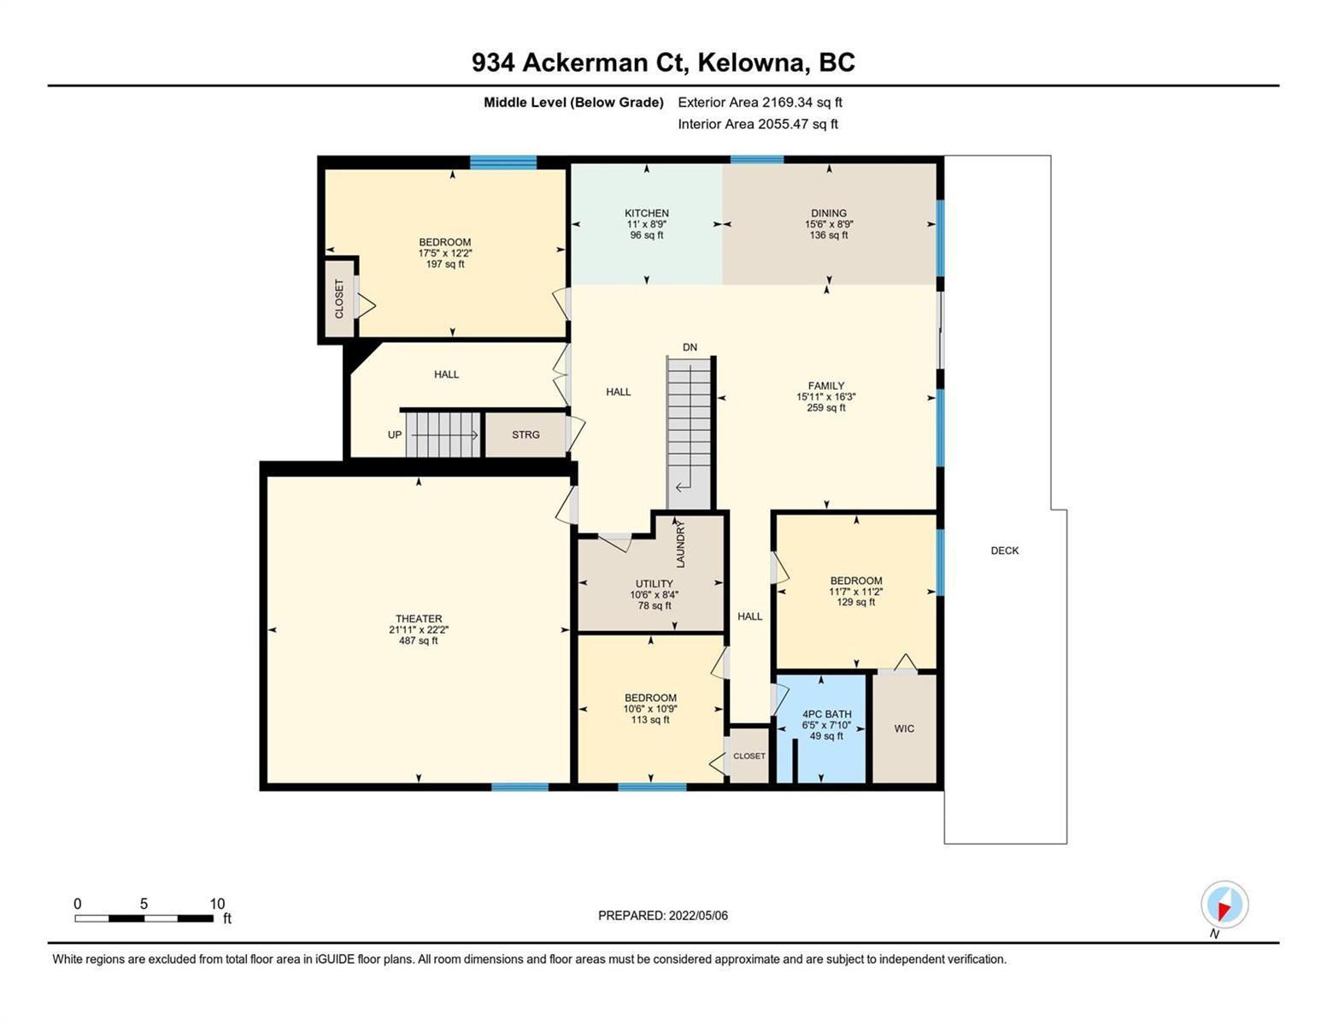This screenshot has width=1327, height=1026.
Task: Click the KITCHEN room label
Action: tap(646, 213)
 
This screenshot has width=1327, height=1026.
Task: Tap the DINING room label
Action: tap(829, 213)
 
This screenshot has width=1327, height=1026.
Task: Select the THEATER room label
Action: tap(419, 618)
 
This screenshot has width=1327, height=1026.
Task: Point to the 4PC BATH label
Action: tap(826, 714)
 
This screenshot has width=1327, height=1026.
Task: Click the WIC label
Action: tap(904, 728)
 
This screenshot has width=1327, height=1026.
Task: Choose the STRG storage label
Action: tap(526, 434)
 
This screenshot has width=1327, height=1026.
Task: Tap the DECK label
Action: tap(1005, 551)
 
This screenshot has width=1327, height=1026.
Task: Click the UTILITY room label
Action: tap(654, 584)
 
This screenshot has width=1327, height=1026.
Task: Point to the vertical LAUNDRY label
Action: tap(681, 545)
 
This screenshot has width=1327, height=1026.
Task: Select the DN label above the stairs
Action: tap(690, 347)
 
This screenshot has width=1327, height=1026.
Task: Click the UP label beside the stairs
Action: tap(395, 434)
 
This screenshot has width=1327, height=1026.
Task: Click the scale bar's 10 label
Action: tap(217, 904)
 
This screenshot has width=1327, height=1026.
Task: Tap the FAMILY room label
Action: tap(825, 386)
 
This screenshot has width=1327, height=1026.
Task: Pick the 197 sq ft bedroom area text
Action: tap(444, 264)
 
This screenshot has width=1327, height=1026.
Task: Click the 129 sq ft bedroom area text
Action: tap(855, 602)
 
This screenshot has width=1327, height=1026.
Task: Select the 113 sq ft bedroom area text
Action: tap(649, 720)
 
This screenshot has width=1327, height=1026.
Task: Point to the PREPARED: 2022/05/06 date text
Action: tap(662, 916)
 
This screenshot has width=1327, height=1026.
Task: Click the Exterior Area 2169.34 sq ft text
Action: tap(760, 102)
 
